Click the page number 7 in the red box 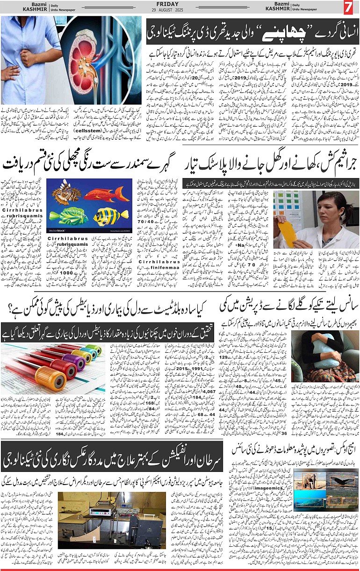348,7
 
